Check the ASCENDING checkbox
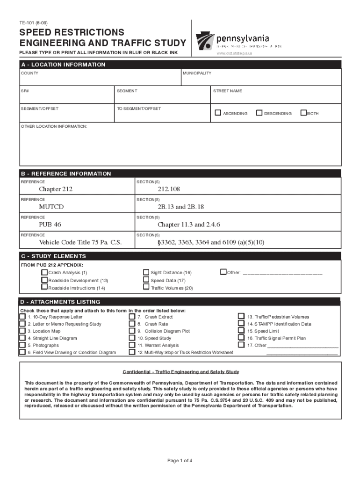pos(218,113)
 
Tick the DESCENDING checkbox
pos(259,113)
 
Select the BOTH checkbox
pos(303,113)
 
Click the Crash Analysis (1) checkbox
pos(44,272)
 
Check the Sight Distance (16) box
pos(146,272)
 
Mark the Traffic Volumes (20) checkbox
pos(146,288)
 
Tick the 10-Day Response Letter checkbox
pos(22,317)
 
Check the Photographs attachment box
pos(22,345)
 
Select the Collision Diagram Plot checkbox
pos(132,331)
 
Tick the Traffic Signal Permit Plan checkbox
pos(241,338)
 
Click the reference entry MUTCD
pos(51,207)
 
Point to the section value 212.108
pos(169,189)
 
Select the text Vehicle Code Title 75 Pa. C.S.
pos(80,242)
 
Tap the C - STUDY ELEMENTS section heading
pos(53,256)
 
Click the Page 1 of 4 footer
pos(180,461)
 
